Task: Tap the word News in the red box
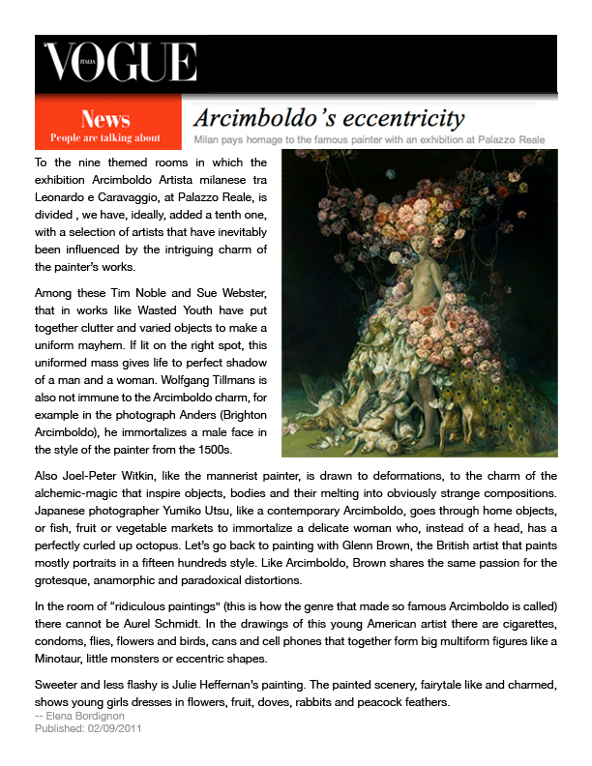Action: point(106,119)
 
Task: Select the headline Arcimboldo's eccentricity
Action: point(329,119)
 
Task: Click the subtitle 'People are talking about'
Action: point(106,137)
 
